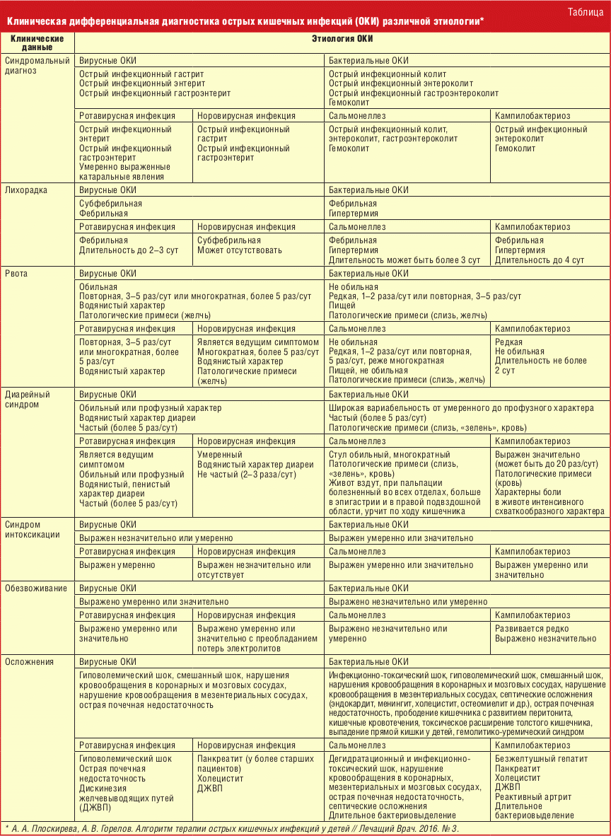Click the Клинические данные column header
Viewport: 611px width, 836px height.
[37, 42]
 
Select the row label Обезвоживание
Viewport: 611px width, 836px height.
[36, 588]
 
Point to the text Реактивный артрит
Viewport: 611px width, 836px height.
[534, 796]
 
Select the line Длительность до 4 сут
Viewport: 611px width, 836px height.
[540, 260]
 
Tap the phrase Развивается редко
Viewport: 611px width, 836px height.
[532, 628]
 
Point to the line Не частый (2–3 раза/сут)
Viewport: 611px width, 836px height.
[246, 474]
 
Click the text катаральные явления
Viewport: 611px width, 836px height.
[122, 177]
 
